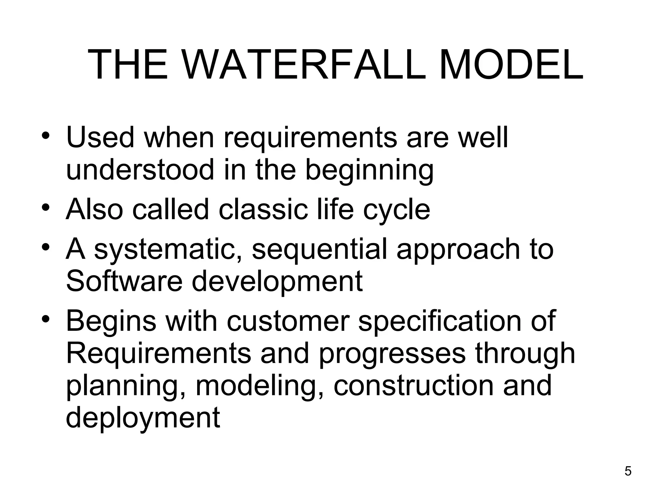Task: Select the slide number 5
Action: (628, 471)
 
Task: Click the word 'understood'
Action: (140, 170)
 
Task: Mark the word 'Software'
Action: (124, 281)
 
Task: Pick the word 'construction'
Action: (413, 386)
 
